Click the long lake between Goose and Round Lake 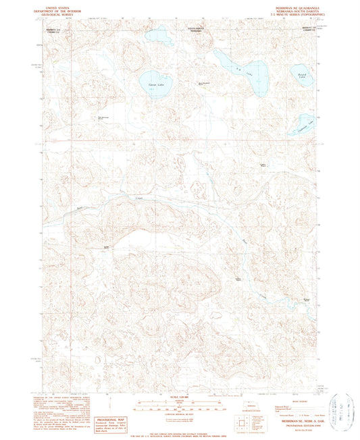pos(237,70)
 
